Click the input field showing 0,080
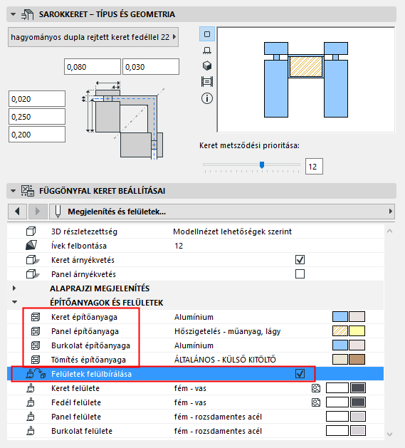pos(93,66)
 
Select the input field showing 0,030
pos(151,66)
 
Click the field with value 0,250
pos(37,117)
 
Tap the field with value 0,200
pos(37,135)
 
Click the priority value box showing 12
pos(314,166)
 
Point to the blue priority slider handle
pos(262,165)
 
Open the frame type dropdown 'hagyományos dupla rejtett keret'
pos(93,37)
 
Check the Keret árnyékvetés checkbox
pos(300,260)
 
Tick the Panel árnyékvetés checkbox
pos(300,274)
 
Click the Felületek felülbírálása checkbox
pos(300,374)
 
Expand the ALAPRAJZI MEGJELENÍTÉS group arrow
pos(14,288)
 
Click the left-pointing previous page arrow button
pos(17,212)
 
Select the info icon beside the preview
pos(207,98)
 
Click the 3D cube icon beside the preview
pos(207,66)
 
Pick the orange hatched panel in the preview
pos(306,66)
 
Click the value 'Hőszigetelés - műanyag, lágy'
pos(227,331)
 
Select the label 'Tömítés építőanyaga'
pos(88,360)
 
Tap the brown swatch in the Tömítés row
pos(357,360)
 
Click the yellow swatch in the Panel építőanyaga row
pos(357,331)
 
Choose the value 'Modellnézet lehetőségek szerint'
pos(233,231)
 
